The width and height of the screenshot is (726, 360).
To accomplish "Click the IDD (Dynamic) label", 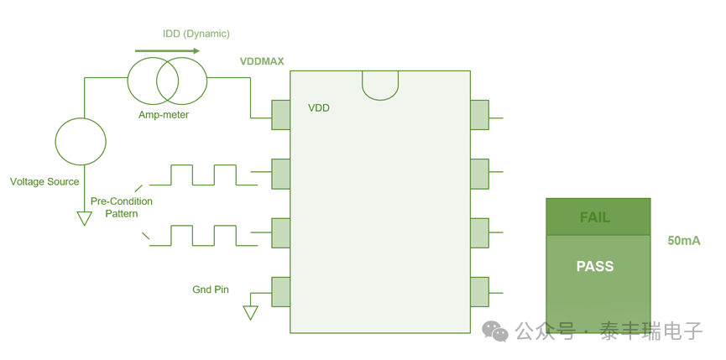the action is [x=196, y=34].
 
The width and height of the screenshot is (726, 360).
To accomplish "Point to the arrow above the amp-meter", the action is [x=167, y=51].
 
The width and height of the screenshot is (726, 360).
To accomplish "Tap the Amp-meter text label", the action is [x=164, y=115].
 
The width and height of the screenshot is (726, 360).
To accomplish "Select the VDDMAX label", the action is [x=262, y=61].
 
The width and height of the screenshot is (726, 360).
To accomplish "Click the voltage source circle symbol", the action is [x=81, y=141].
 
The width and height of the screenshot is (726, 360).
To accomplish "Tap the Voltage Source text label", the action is [x=44, y=182].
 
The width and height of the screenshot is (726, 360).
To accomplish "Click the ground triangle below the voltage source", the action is [x=84, y=218].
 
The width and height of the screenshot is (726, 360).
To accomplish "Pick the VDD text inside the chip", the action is [x=319, y=108].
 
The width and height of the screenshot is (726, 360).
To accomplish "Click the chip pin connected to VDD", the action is [x=280, y=115].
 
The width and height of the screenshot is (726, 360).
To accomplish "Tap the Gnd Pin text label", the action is [x=211, y=290].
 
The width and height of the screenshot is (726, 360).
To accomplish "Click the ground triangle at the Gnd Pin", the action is [x=250, y=313].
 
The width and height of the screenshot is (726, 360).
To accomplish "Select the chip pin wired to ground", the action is [x=280, y=292].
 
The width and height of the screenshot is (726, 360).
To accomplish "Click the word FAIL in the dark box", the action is [x=595, y=217].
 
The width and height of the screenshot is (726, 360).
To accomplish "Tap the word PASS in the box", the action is [x=595, y=266].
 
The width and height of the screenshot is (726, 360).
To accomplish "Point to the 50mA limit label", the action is [x=684, y=241].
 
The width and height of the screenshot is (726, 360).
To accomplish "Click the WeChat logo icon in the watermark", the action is [x=495, y=331].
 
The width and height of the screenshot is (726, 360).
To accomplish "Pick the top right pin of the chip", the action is [x=480, y=115].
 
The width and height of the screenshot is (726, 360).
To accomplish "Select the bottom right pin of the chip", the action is [x=480, y=292].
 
